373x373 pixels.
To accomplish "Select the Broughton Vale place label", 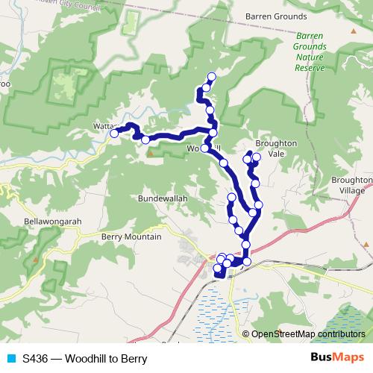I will (276, 148).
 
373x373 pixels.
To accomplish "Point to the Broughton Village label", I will (350, 185).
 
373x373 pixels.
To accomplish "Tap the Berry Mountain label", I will (130, 236).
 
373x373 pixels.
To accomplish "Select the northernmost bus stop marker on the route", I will (211, 76).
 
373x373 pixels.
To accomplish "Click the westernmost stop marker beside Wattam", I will (114, 134).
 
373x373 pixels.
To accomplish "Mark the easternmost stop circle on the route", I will (259, 204).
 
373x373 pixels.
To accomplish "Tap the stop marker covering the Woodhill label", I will (204, 148).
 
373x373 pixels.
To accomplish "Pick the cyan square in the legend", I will (10, 359).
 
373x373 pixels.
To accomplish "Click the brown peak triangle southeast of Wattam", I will (150, 154).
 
